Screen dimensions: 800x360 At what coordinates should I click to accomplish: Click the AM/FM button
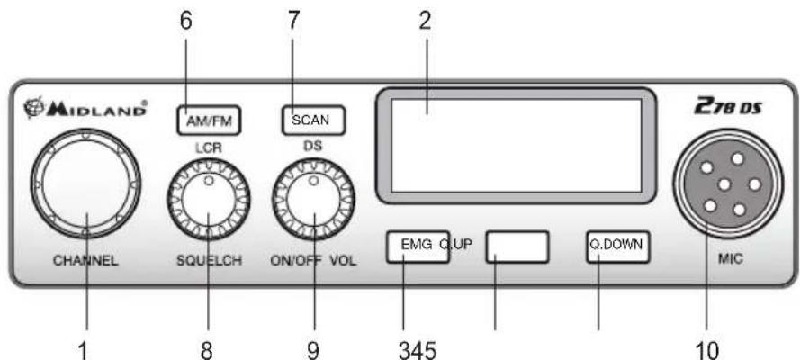[208, 121]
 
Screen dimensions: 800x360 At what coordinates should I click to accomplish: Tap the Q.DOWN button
[617, 247]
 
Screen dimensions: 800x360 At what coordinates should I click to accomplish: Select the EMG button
[418, 247]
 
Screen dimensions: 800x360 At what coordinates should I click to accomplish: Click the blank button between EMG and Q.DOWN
[517, 247]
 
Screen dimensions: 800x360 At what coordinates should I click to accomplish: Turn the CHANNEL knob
[85, 183]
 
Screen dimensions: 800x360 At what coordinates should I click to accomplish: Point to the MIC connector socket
[727, 184]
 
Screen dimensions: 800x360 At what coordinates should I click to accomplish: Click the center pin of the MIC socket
[723, 185]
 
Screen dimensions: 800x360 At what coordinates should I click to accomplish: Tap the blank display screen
[516, 146]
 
